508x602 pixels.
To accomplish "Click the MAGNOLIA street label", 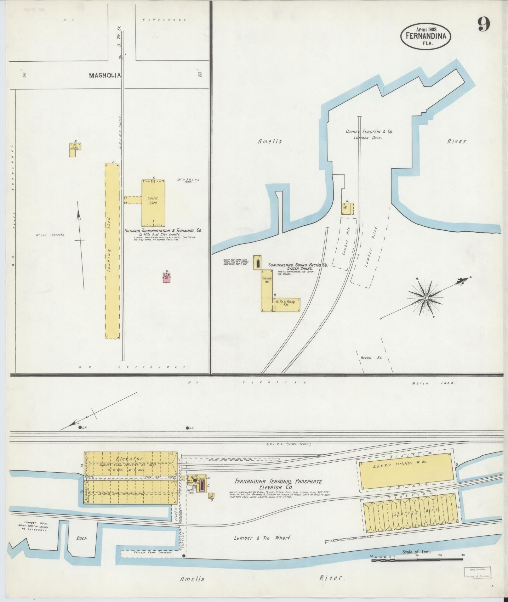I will click(x=101, y=76).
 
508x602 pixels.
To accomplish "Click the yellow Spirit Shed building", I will click(x=153, y=203).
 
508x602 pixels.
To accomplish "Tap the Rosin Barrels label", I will click(x=50, y=235).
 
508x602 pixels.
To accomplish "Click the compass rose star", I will click(x=425, y=298).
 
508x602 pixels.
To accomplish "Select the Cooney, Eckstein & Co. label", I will click(x=369, y=132).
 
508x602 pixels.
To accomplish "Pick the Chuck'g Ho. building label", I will click(x=266, y=280).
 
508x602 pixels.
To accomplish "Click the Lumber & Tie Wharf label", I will click(x=263, y=538).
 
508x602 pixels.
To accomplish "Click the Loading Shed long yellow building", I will click(x=112, y=251).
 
